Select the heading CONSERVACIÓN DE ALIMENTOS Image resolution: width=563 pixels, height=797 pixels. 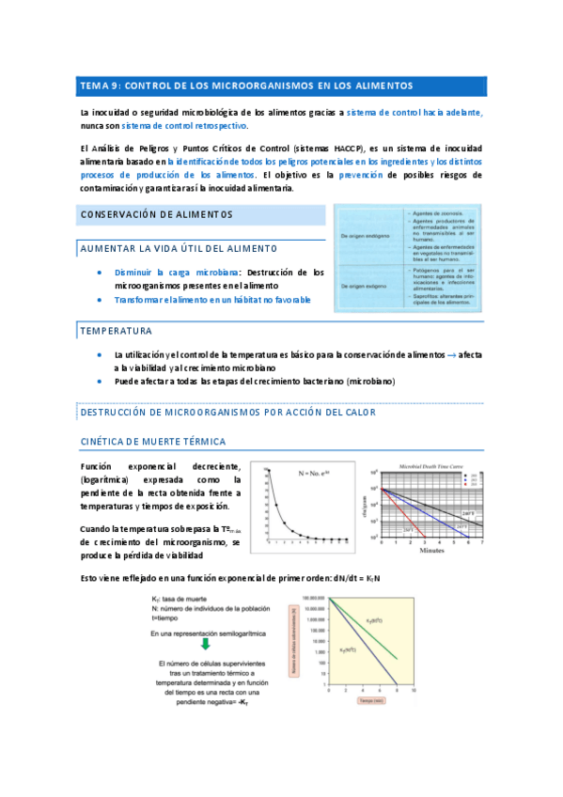pos(156,215)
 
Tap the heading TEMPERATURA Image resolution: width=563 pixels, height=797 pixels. pos(116,331)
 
